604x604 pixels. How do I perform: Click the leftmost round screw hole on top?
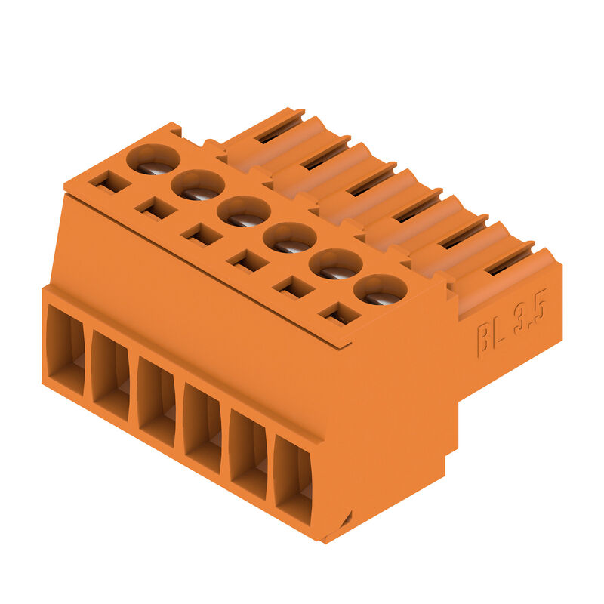(153, 159)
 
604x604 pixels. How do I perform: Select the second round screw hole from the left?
(198, 184)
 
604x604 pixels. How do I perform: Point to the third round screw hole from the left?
(244, 211)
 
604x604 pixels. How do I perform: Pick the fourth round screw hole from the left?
(290, 238)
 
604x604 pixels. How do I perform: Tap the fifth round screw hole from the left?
(336, 263)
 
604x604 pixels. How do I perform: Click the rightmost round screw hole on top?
(381, 289)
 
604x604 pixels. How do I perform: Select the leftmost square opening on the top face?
(109, 182)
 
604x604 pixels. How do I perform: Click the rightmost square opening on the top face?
(340, 314)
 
